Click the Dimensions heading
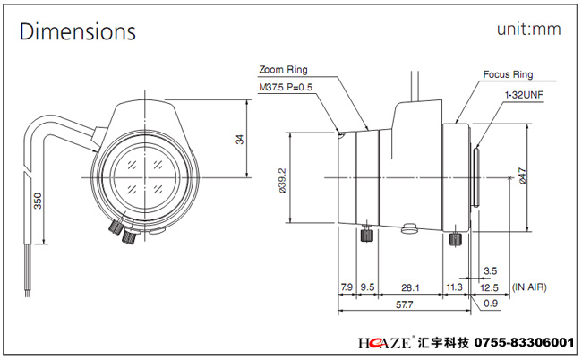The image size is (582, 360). click(x=78, y=31)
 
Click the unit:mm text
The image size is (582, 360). click(x=529, y=29)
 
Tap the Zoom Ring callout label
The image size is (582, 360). click(x=283, y=69)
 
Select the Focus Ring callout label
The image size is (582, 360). click(x=508, y=74)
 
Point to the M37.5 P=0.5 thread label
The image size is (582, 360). click(x=286, y=87)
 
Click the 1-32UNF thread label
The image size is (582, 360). click(x=524, y=95)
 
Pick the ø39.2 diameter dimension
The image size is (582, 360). click(x=282, y=180)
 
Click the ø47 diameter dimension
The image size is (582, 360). click(x=522, y=176)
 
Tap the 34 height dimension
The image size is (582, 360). click(x=240, y=140)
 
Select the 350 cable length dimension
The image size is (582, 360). click(x=38, y=201)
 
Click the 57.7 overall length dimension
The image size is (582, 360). click(x=404, y=304)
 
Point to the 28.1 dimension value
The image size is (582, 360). click(x=410, y=287)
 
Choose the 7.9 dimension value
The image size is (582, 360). click(x=347, y=287)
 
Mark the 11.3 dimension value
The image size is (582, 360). click(x=454, y=287)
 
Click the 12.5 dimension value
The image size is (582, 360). click(x=489, y=287)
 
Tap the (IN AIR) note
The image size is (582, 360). click(x=529, y=287)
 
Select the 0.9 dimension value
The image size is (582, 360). click(x=491, y=304)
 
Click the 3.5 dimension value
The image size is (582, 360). click(x=491, y=271)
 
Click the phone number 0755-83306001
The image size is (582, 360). click(x=525, y=342)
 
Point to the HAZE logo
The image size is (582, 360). click(x=384, y=342)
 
